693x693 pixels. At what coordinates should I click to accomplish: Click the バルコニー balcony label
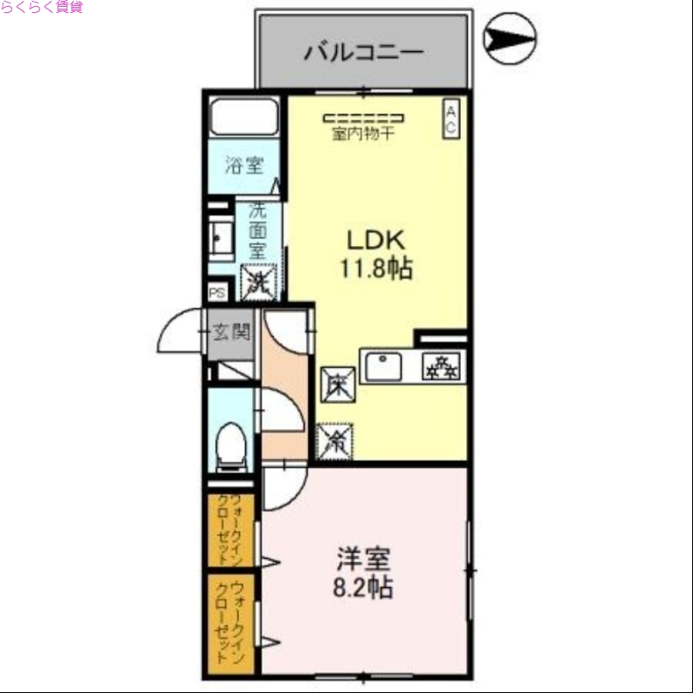point(363,52)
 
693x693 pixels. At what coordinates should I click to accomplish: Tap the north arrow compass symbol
point(509,37)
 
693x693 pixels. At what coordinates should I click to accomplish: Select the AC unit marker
point(451,119)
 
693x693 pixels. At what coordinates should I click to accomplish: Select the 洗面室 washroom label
point(257,231)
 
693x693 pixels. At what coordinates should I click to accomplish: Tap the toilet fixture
point(231,444)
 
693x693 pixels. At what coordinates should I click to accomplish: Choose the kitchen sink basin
point(384,366)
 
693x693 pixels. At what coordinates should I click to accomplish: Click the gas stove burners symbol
point(442,367)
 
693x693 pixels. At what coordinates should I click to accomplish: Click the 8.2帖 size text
point(362,588)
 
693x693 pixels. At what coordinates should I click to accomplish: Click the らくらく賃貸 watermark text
point(42,8)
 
